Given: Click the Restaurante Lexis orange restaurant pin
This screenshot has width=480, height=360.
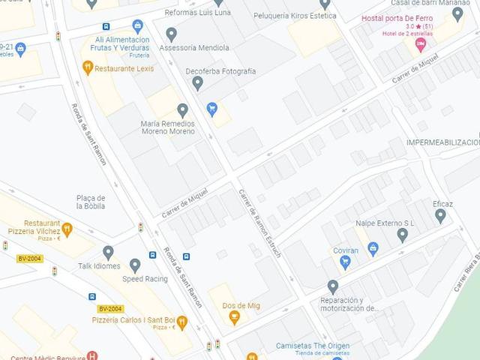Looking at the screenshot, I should tap(88, 68).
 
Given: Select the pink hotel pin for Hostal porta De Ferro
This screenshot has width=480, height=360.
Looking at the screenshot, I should tap(421, 43).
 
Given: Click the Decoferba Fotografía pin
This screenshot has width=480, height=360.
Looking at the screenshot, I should tap(197, 83).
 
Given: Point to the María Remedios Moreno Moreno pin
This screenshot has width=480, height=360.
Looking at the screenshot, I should tap(182, 111).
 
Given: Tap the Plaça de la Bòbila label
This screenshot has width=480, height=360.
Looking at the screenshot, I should tap(91, 202).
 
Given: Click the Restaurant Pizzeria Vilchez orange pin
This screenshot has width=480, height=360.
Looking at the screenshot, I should tap(67, 229).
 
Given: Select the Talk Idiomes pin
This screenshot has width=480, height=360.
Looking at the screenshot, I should tap(108, 253).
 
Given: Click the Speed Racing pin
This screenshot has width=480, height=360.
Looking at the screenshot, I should tap(135, 265).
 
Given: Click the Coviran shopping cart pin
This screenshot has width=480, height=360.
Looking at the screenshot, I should tap(346, 262).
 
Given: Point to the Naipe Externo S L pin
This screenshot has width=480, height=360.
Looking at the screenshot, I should tap(402, 235).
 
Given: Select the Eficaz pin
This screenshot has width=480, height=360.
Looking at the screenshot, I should tap(440, 216).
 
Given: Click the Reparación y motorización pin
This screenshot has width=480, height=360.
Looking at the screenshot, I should tap(333, 287).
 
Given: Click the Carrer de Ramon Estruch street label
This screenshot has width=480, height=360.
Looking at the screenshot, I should tap(259, 224).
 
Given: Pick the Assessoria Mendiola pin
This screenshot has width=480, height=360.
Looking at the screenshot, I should tap(171, 34).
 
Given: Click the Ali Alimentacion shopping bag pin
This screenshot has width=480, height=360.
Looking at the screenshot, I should tap(137, 27).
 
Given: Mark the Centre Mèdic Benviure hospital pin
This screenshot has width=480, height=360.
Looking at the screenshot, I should tap(92, 356).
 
